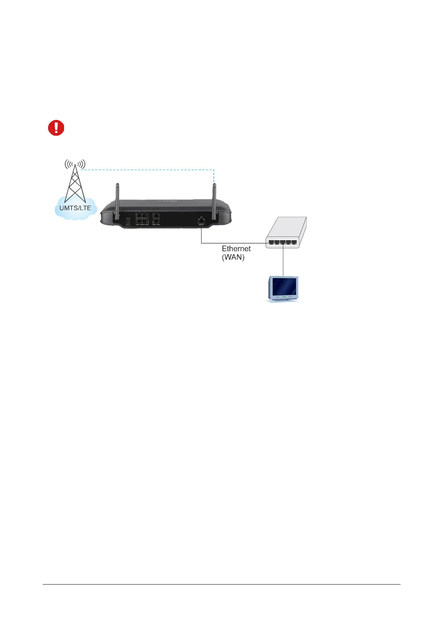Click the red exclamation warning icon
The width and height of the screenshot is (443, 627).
coord(56,128)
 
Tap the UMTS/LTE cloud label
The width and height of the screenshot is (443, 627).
coord(75,208)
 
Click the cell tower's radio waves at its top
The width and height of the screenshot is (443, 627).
coord(75,163)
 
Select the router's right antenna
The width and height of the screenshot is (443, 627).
coord(214,201)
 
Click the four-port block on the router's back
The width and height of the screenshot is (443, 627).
coord(142,218)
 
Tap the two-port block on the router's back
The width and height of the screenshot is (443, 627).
coord(156,218)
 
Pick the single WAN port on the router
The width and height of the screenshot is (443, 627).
coord(201,220)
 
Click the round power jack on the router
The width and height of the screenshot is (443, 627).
coord(128,222)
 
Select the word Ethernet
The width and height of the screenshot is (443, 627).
coord(236,249)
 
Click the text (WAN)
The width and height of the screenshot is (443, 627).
coord(233,257)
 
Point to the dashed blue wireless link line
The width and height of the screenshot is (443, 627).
coord(149,170)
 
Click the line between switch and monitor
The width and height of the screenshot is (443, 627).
coord(283,261)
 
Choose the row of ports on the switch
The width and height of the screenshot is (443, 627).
coord(283,242)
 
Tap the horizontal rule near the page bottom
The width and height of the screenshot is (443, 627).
coord(221,584)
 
